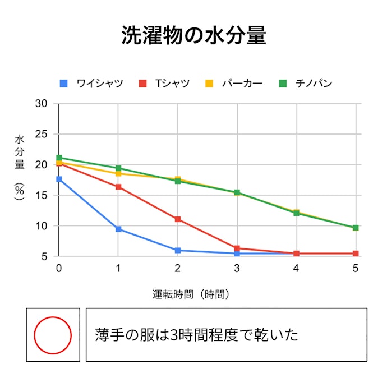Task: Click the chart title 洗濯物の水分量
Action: point(193,35)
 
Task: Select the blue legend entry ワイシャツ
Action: point(91,84)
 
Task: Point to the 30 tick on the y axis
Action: point(41,104)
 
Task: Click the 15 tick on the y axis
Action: point(41,195)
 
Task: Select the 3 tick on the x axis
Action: point(237,268)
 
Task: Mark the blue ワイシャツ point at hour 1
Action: point(118,229)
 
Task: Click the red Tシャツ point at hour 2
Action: point(178,219)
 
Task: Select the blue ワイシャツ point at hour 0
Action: point(59,179)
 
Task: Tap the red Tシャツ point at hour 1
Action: point(118,187)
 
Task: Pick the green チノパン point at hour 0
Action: point(59,158)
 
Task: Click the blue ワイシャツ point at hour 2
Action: point(178,250)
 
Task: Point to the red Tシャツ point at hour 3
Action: point(237,248)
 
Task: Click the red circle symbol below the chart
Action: point(53,335)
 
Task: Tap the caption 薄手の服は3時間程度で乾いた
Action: point(196,335)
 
